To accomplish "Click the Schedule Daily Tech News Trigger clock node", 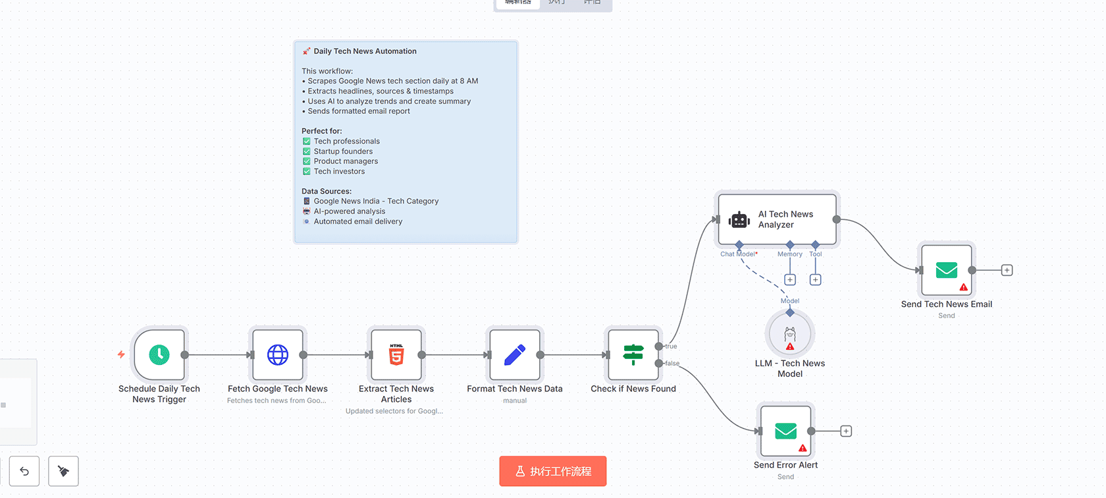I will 159,355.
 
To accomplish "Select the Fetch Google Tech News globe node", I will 278,355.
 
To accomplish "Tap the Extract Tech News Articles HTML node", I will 396,355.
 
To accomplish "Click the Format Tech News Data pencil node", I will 515,355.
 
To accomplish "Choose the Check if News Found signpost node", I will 633,355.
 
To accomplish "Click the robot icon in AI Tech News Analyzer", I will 739,220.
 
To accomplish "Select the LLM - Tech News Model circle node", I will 790,335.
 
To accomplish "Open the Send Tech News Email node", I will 947,270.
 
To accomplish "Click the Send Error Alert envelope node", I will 786,431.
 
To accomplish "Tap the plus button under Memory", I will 790,280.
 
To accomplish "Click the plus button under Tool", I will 815,280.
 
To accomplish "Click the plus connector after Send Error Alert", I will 846,431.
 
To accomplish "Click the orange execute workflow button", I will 552,471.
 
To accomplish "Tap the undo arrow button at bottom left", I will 24,471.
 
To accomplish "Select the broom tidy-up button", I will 63,471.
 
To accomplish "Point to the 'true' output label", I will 671,346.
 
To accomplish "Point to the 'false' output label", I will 672,364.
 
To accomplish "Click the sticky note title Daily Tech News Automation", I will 365,51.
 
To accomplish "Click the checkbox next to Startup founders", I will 307,152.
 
